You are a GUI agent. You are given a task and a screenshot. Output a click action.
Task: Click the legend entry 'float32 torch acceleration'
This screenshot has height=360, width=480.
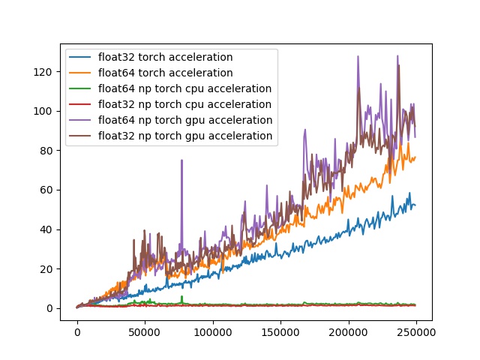165,57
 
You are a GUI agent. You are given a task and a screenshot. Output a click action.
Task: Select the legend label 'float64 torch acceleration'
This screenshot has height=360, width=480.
165,73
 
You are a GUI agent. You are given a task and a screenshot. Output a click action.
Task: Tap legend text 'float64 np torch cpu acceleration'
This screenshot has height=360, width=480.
184,88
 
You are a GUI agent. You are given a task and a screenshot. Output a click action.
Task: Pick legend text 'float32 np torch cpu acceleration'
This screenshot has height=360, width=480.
184,104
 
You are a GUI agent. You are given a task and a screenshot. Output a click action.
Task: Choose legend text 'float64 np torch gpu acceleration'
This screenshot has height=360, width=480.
184,120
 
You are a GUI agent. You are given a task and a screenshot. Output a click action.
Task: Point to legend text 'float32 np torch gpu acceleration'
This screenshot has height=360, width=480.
184,136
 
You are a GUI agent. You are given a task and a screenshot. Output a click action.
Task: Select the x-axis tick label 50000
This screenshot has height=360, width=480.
145,331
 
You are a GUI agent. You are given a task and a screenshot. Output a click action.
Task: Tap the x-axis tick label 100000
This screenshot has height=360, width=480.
212,331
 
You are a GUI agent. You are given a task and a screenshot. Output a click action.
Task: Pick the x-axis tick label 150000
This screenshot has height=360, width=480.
280,331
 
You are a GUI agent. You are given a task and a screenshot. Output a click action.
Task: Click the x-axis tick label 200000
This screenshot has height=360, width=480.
349,331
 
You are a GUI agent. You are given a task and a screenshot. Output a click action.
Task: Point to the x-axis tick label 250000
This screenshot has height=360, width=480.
416,331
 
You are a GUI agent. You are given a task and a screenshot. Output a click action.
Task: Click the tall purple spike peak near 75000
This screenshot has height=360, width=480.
181,160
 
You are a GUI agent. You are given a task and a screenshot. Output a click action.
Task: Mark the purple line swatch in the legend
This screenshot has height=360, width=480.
80,120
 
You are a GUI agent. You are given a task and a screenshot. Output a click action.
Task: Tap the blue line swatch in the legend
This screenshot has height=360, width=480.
80,57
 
